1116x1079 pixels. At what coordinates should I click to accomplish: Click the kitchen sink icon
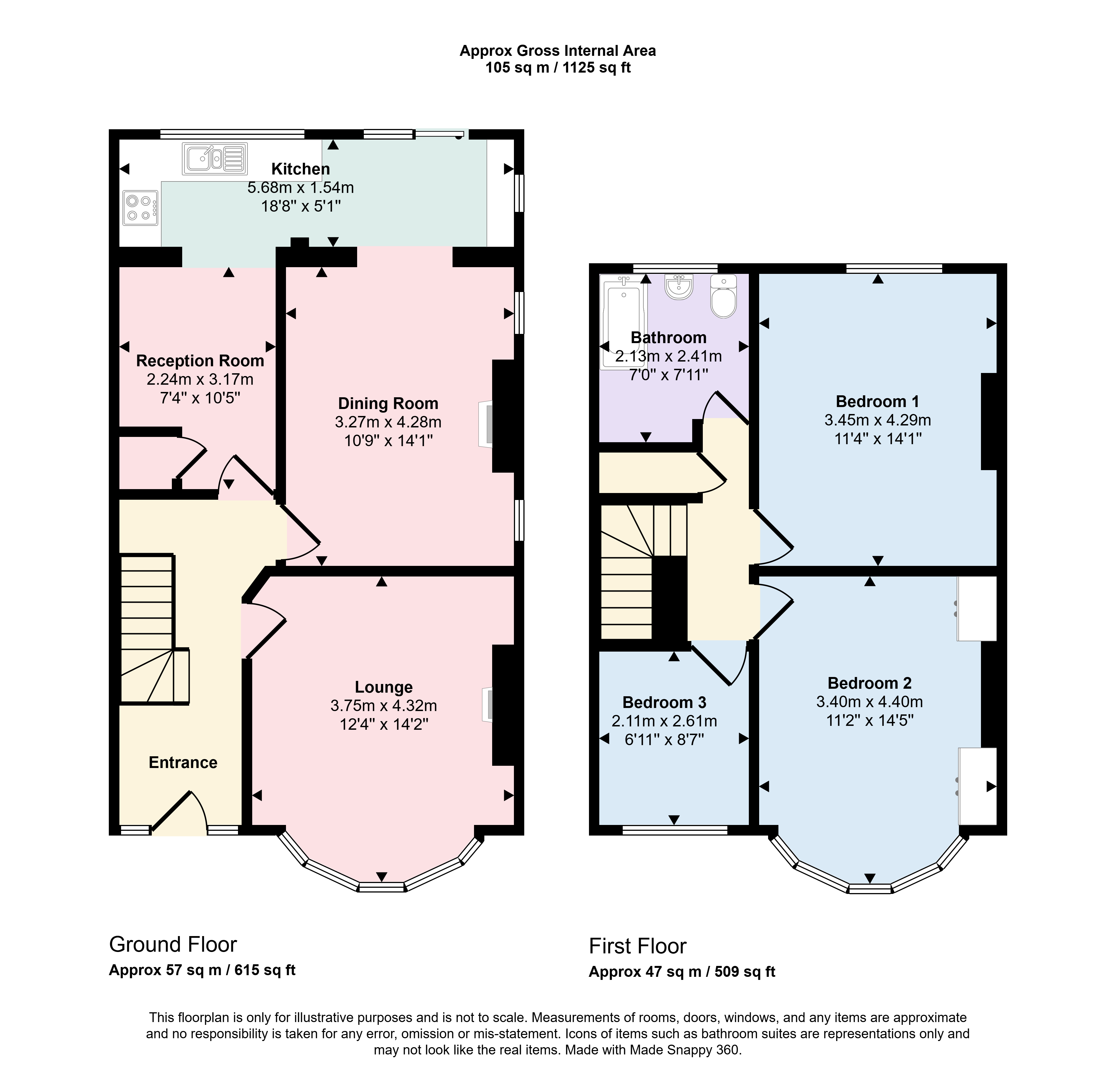coord(215,158)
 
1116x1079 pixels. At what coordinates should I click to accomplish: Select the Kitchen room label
coord(301,169)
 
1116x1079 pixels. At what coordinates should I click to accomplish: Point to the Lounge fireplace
coord(487,704)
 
